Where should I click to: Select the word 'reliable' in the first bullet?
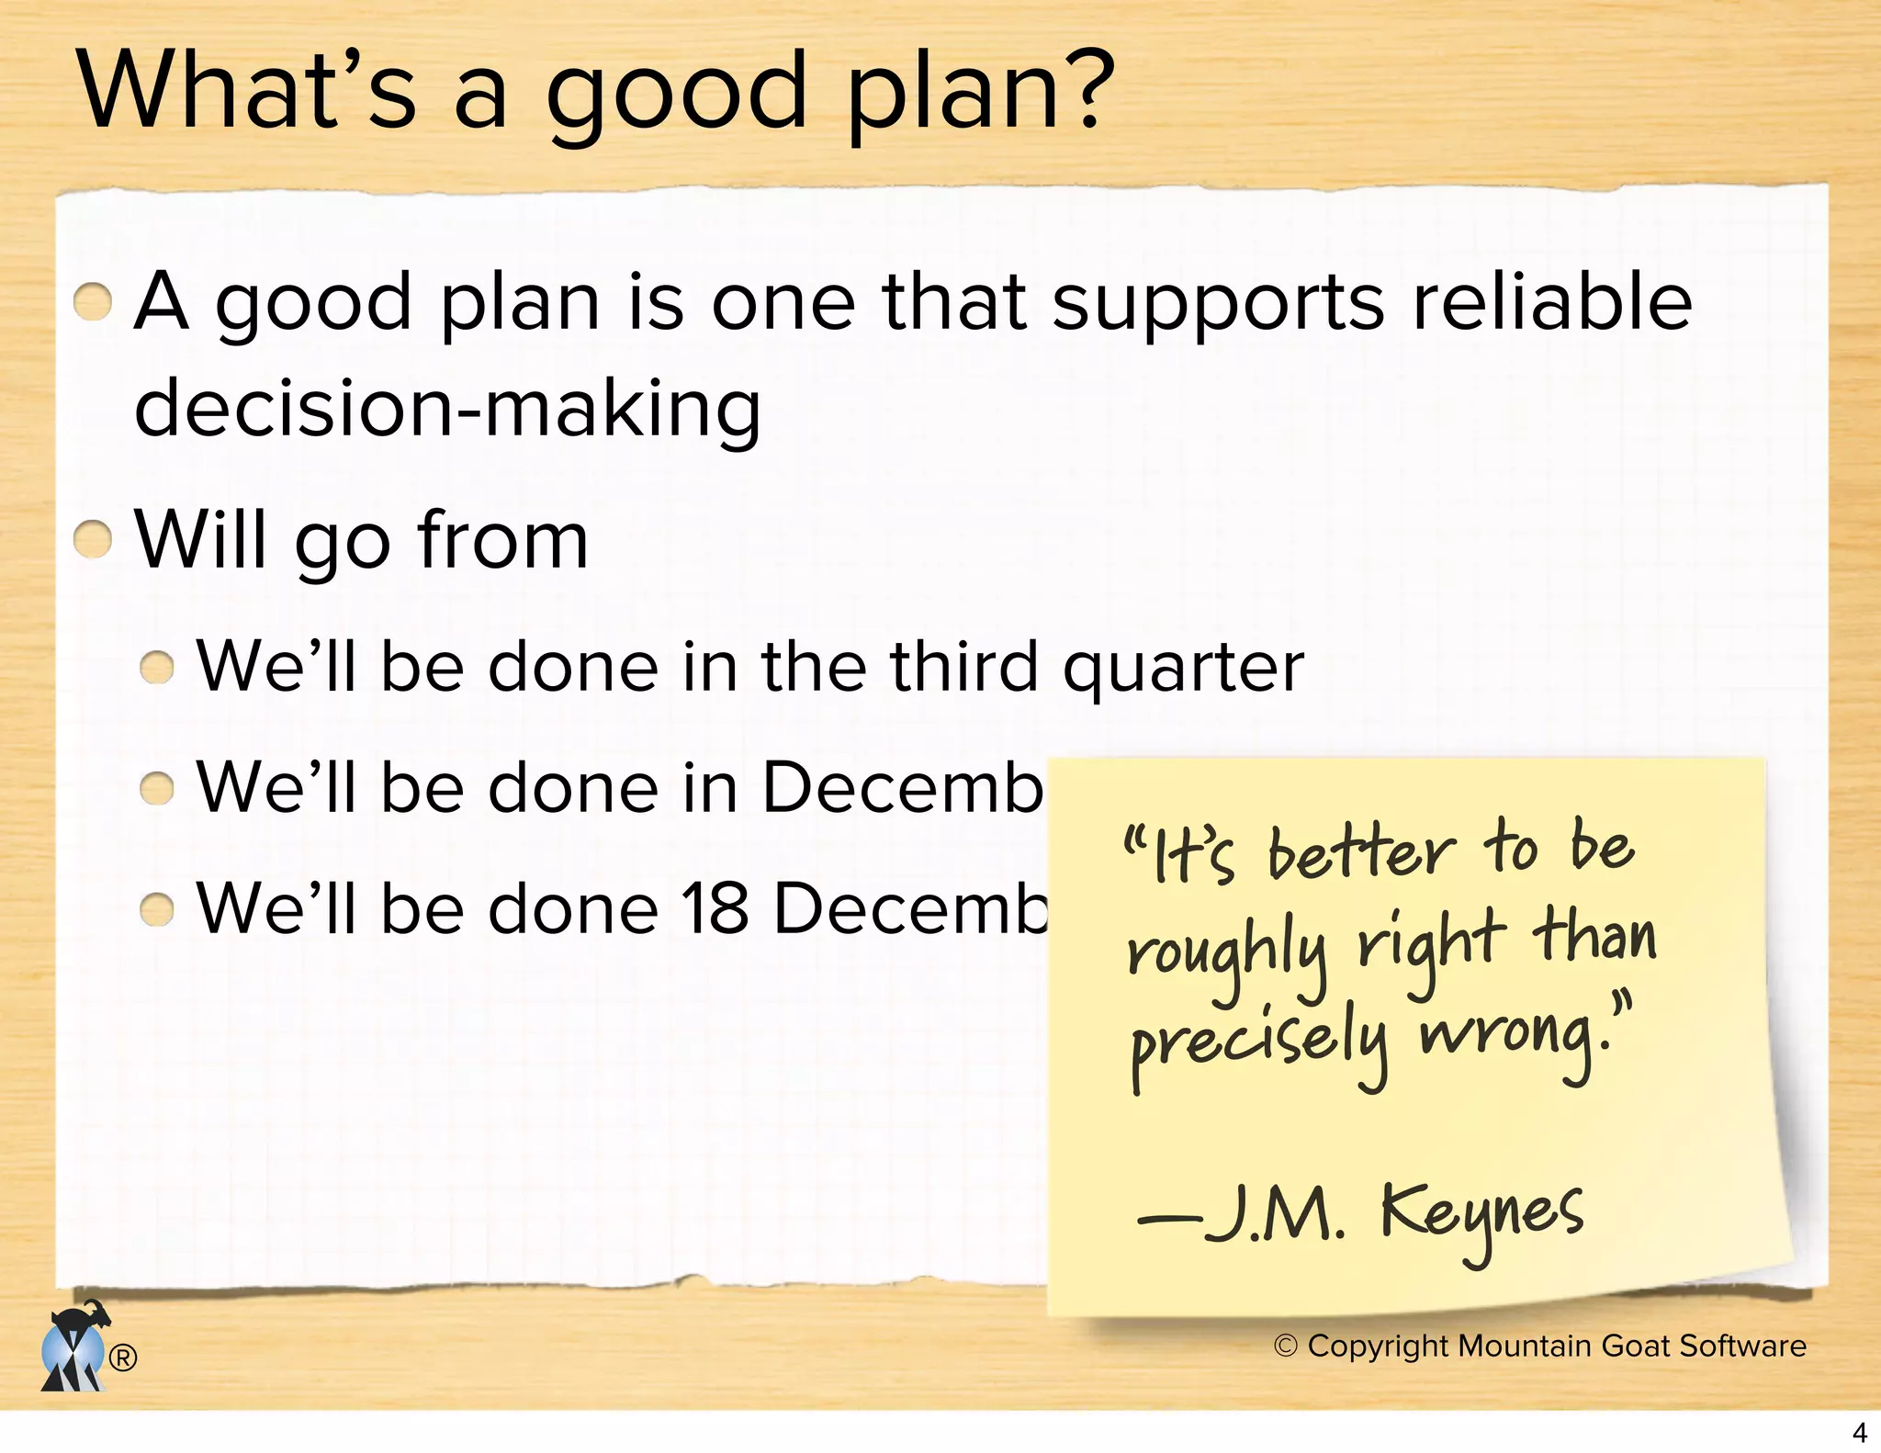pos(1552,302)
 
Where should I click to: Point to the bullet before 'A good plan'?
pos(93,302)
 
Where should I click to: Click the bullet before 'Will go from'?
pos(93,539)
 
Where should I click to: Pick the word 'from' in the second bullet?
pos(502,539)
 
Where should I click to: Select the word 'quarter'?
pos(1183,669)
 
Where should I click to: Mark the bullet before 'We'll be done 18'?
pos(157,909)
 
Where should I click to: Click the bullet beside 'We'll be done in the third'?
pos(157,667)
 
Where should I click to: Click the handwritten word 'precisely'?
pos(1258,1047)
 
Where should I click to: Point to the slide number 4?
pos(1859,1432)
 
